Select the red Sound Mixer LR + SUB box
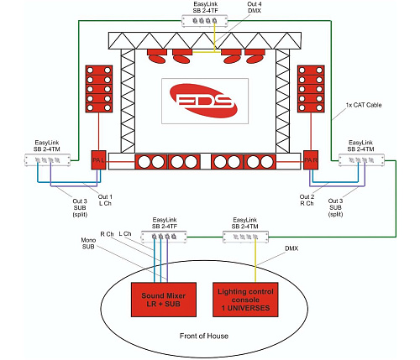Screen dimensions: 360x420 click(x=165, y=296)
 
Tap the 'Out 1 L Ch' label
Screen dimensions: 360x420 click(x=102, y=201)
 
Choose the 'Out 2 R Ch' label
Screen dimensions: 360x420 click(x=308, y=201)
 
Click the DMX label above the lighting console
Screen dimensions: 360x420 click(x=291, y=249)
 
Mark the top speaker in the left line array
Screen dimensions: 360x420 click(x=98, y=72)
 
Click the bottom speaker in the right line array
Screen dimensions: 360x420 click(x=311, y=118)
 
